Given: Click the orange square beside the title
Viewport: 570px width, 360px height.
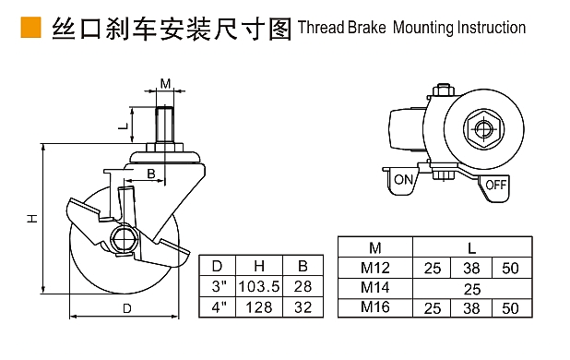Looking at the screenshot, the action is (x=30, y=28).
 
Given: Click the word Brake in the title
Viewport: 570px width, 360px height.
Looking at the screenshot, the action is (x=366, y=28).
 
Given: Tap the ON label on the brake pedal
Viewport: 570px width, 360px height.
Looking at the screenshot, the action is (x=403, y=180).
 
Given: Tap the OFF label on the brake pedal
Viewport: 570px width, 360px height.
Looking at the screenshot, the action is (x=496, y=185).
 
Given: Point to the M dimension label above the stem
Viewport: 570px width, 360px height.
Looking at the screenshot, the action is (x=165, y=84).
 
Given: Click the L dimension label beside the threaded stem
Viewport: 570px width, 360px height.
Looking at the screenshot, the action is (x=124, y=126).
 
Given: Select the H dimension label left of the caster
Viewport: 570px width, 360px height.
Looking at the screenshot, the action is (x=32, y=218).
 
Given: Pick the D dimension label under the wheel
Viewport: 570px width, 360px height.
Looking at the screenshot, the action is (x=127, y=308).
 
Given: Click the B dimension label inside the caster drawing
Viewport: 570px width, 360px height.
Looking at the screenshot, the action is (x=151, y=174).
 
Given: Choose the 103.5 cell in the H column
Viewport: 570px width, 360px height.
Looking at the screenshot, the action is (x=259, y=286).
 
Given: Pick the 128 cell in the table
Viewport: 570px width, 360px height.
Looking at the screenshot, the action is (x=259, y=307).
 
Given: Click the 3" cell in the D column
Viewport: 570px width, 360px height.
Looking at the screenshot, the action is (x=220, y=286).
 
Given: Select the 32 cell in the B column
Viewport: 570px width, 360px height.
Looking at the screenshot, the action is (x=303, y=307).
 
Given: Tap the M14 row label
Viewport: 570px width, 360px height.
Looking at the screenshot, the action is (x=375, y=287).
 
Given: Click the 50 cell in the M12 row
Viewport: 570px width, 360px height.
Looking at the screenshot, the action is (x=510, y=269).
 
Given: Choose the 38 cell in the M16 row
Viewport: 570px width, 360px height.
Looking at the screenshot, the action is (x=471, y=308).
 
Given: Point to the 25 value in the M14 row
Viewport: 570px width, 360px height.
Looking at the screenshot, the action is (x=472, y=290).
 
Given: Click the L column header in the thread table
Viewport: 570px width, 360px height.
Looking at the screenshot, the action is (x=471, y=248).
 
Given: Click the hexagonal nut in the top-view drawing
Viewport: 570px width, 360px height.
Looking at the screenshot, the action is (x=483, y=128).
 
